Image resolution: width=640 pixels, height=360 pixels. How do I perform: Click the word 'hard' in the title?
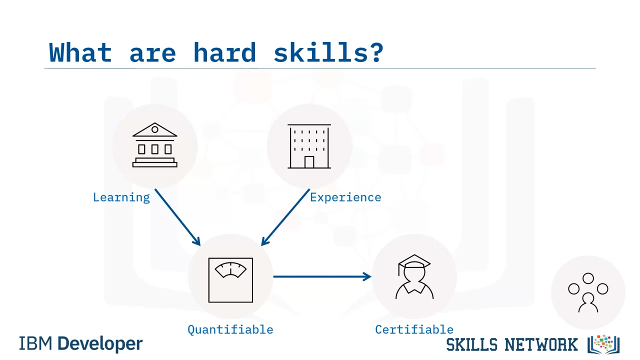tap(224, 52)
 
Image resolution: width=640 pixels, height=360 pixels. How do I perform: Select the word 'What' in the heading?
tap(80, 52)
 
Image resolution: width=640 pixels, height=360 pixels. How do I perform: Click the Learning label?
tap(121, 197)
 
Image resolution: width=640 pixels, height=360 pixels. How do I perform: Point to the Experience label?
tap(345, 197)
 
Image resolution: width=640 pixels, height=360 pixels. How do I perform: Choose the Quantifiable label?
tap(230, 329)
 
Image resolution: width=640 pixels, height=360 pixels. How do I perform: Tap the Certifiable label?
tap(414, 329)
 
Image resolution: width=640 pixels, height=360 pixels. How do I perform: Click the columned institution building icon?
tap(155, 145)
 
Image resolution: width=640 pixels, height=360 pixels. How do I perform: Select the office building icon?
tap(309, 146)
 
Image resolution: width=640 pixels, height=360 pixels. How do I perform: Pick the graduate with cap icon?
tap(414, 276)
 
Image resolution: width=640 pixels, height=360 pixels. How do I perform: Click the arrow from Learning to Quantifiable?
tap(177, 217)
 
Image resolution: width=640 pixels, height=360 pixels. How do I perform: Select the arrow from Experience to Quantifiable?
tap(285, 217)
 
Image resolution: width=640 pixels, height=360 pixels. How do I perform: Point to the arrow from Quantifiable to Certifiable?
tap(322, 276)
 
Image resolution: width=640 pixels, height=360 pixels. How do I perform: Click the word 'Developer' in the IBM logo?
tap(100, 343)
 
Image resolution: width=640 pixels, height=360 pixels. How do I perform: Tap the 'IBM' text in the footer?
tap(35, 343)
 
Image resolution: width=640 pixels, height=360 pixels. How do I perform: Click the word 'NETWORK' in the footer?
tap(541, 344)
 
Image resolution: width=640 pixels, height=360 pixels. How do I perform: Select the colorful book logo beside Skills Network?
tap(603, 344)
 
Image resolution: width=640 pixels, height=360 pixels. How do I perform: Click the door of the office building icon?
tap(309, 162)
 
